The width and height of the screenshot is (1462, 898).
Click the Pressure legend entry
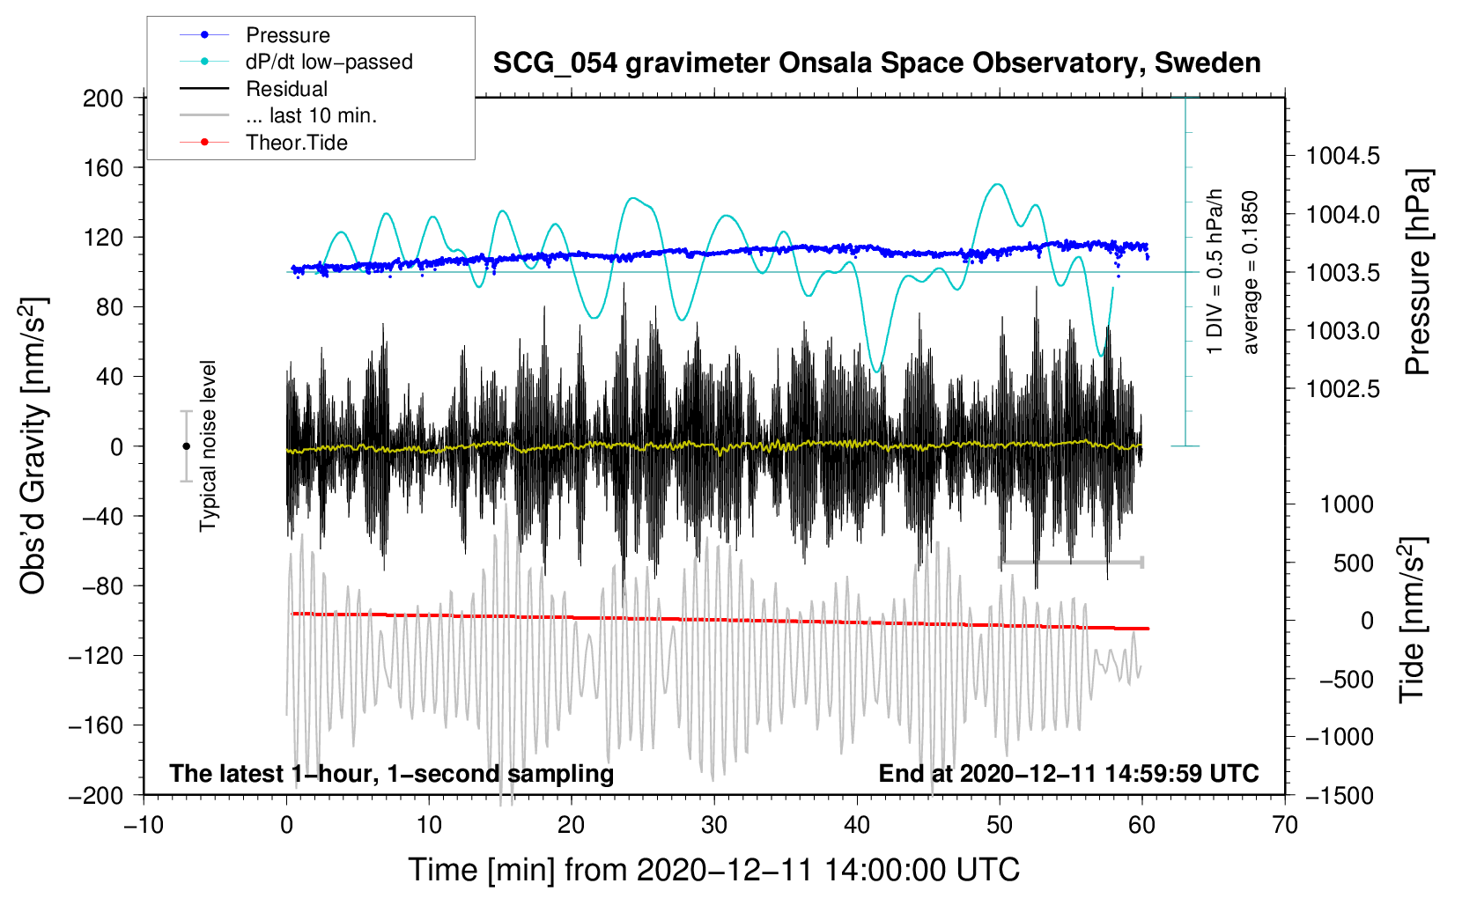287,35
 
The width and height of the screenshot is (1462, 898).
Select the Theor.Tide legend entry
296,143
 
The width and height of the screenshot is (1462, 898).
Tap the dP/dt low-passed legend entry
329,62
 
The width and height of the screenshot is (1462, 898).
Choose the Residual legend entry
286,89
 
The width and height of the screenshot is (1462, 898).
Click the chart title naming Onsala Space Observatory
876,63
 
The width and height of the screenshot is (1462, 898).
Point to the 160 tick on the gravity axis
103,167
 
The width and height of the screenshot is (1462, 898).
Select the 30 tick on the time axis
714,825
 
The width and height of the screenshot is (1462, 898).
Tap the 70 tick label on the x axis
1285,825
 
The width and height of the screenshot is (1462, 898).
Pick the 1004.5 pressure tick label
1343,157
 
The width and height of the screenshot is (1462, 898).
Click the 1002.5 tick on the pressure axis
1343,389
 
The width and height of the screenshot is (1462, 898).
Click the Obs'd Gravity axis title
33,445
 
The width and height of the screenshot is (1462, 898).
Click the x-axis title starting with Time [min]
713,870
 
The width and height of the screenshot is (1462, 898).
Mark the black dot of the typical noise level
186,446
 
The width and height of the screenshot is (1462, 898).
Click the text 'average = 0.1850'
1250,272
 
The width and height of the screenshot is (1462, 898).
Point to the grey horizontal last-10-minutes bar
1070,562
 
